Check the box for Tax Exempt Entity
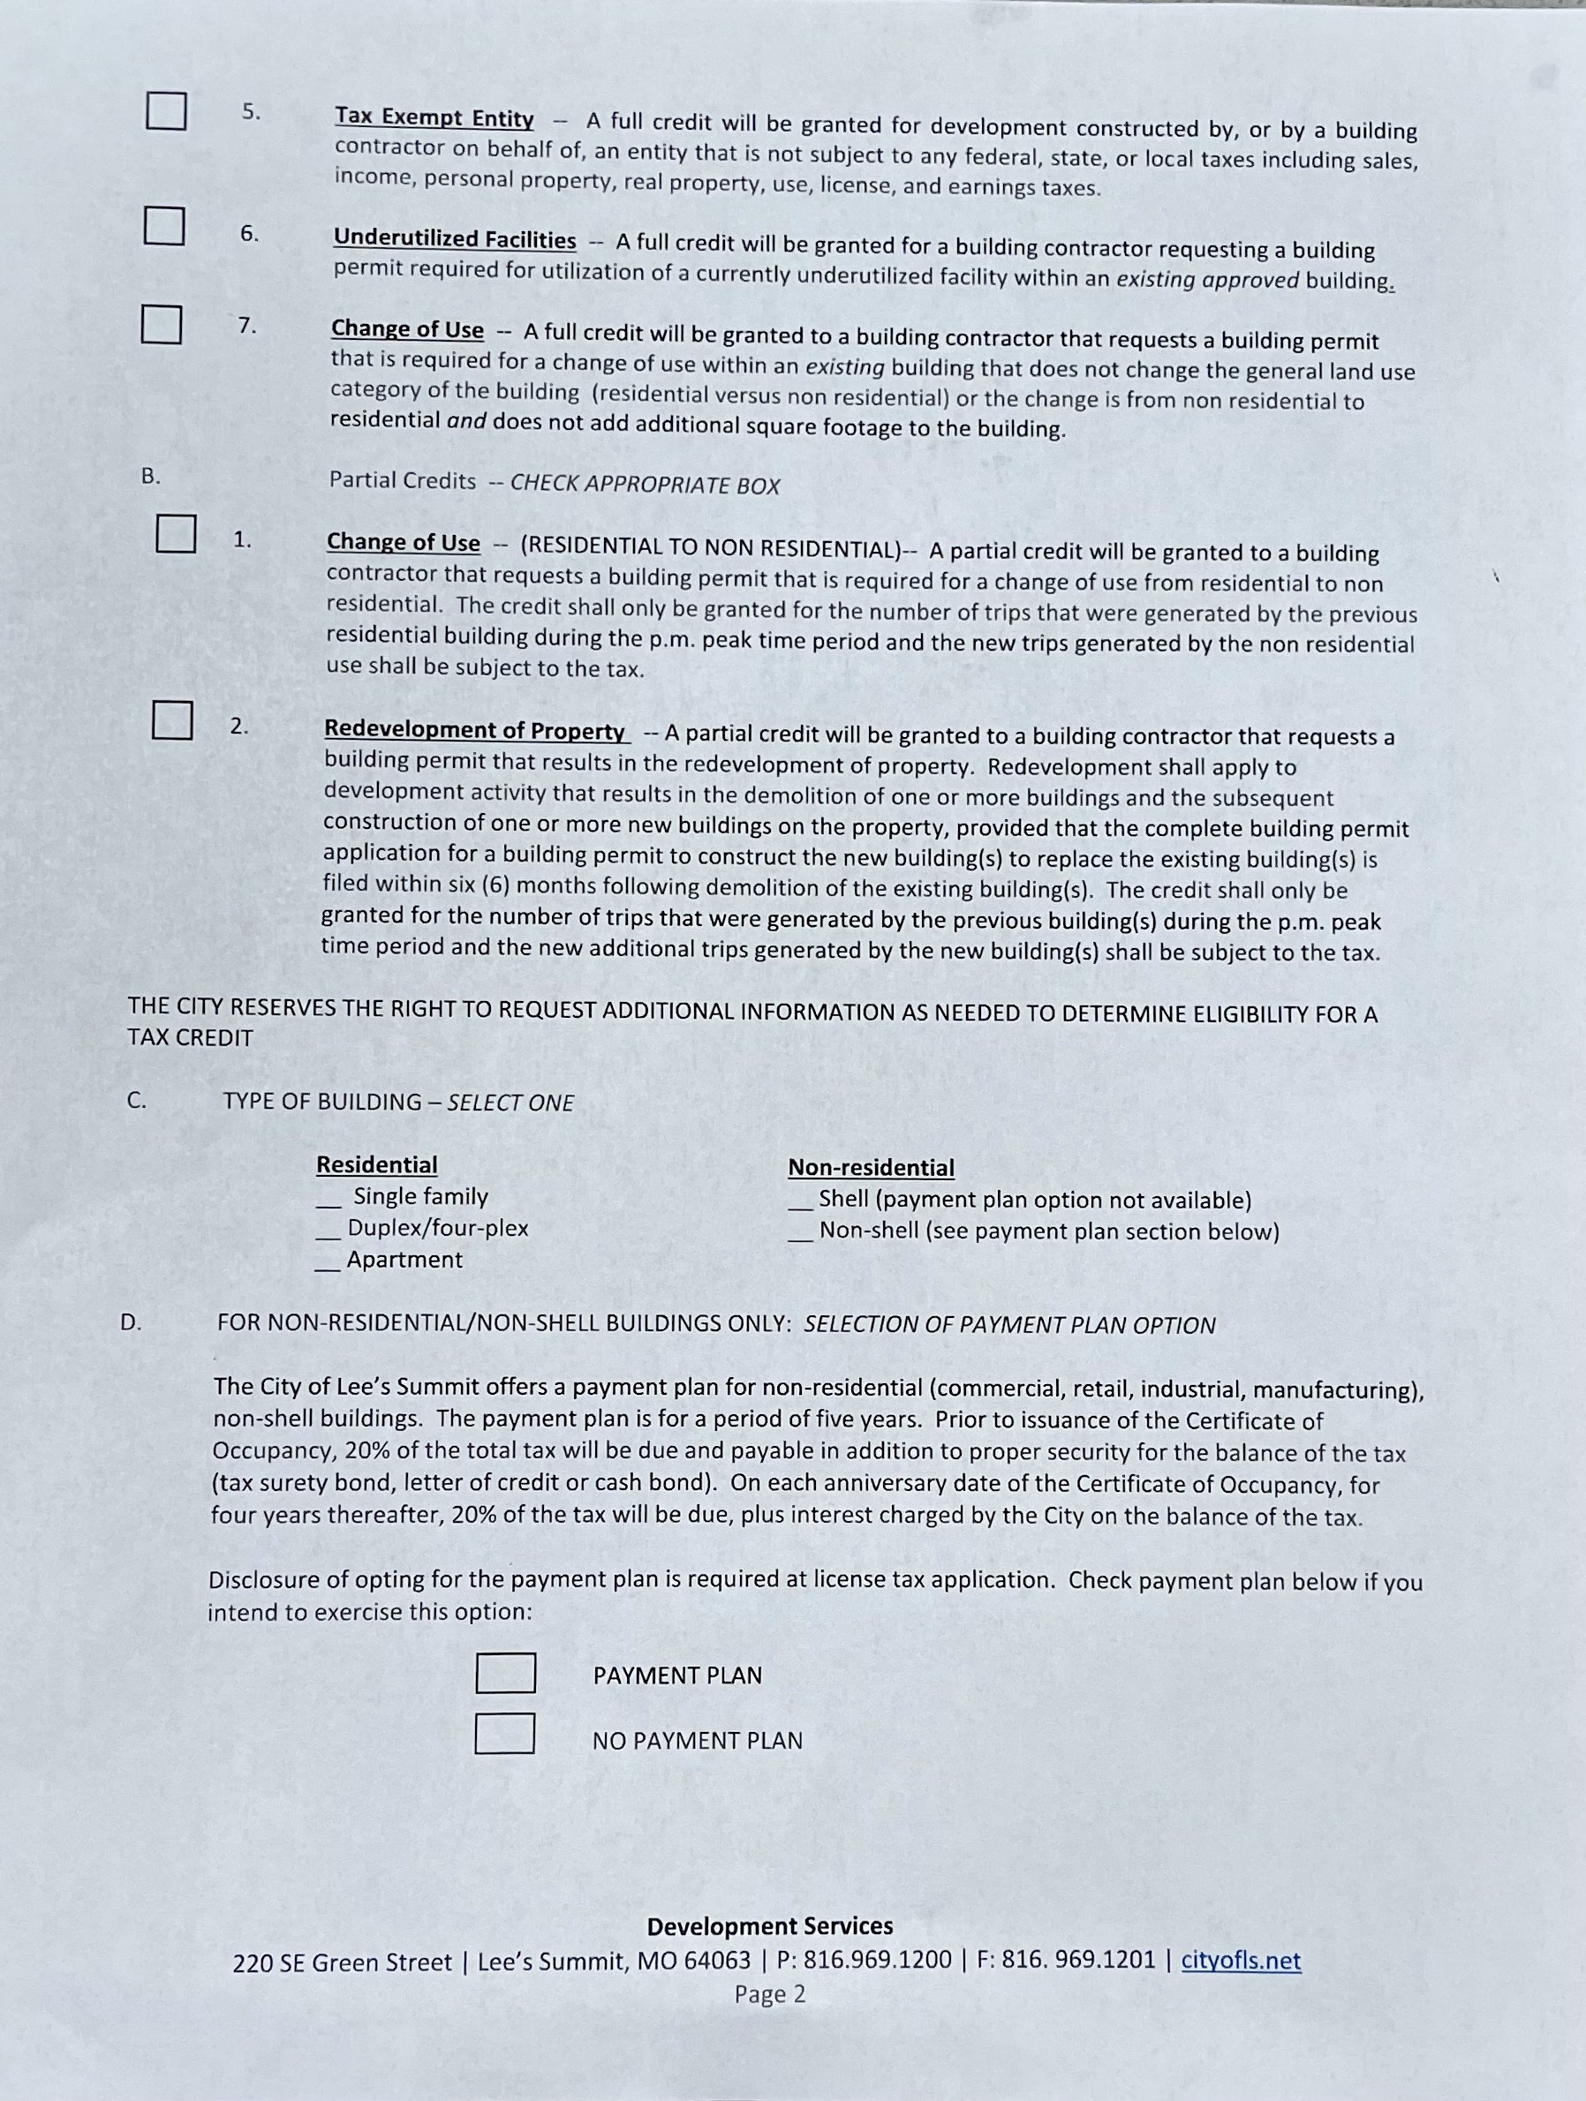point(165,110)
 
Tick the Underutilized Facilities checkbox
point(163,225)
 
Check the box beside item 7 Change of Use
point(162,324)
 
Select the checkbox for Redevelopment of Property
point(173,720)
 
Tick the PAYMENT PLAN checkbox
point(505,1674)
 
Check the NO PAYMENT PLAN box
point(504,1734)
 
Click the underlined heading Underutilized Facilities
point(454,239)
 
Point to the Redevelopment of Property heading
point(474,730)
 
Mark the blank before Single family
point(329,1201)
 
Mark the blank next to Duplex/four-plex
point(328,1233)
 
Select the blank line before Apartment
point(328,1264)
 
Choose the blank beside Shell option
point(800,1204)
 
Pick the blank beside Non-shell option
point(800,1236)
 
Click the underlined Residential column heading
point(376,1164)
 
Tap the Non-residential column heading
point(871,1167)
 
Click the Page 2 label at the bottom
point(770,1993)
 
